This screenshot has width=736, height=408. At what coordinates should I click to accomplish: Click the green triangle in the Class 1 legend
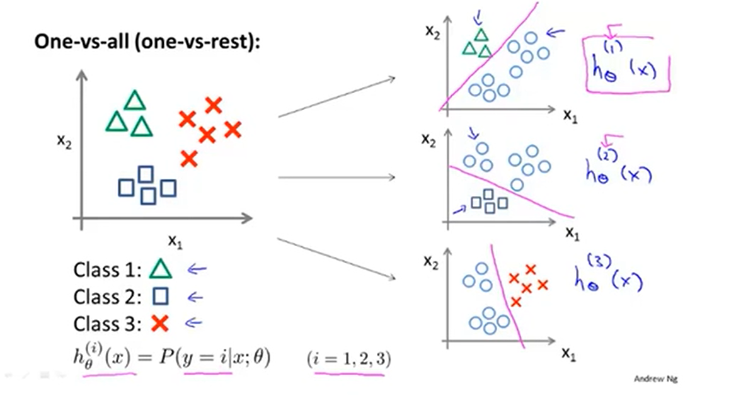click(160, 270)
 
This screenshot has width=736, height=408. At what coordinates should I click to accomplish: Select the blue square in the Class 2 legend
click(161, 296)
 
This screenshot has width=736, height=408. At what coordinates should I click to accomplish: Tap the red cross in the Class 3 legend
click(160, 323)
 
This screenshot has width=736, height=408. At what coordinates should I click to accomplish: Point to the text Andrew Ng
click(656, 378)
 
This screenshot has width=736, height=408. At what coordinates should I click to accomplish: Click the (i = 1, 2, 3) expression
click(349, 360)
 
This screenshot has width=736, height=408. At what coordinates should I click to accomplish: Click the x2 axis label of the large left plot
click(64, 142)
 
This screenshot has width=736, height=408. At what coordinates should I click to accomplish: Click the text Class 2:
click(105, 296)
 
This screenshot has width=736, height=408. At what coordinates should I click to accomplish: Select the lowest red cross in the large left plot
click(188, 159)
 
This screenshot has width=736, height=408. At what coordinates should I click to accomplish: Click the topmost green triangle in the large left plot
click(134, 101)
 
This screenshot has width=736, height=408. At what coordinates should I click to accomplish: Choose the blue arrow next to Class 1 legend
click(197, 270)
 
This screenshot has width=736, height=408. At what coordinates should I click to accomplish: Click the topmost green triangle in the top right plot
click(481, 35)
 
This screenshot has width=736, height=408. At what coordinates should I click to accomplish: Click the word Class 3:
click(105, 324)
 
